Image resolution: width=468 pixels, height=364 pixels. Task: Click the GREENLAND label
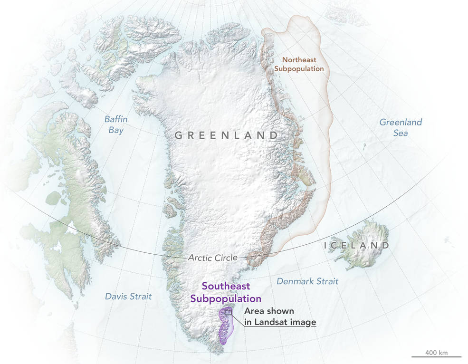click(x=226, y=135)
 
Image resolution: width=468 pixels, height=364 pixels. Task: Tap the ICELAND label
click(x=356, y=246)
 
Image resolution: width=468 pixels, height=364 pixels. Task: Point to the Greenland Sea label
click(x=400, y=127)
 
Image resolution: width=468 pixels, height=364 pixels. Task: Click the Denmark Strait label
click(x=307, y=281)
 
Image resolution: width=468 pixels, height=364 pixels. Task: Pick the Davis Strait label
click(x=128, y=297)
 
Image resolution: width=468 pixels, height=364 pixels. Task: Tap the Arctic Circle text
click(x=212, y=258)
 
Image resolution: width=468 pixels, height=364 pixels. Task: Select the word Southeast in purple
click(x=226, y=287)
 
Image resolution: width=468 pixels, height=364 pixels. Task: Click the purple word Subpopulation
click(x=226, y=298)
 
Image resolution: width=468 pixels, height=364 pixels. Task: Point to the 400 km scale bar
click(x=437, y=356)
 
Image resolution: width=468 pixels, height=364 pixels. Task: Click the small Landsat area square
click(x=228, y=312)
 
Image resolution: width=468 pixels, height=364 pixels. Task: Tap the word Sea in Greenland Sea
click(x=400, y=133)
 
